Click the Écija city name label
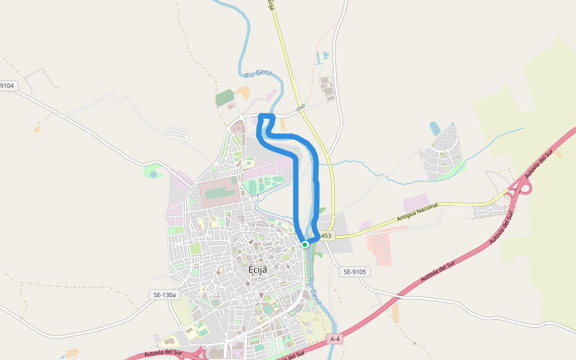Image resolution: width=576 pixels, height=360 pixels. (257, 269)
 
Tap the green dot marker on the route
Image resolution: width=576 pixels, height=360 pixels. (305, 244)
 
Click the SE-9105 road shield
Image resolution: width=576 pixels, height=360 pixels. (355, 272)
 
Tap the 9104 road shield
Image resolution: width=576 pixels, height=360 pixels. (7, 86)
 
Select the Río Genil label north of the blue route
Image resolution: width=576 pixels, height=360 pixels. (258, 74)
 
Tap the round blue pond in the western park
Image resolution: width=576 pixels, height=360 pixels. (154, 174)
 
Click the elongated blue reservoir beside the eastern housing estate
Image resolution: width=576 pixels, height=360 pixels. (435, 128)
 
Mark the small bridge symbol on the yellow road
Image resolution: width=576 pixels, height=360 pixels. (300, 107)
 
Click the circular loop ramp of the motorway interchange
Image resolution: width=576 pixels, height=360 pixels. (524, 188)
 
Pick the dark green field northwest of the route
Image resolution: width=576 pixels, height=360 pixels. (224, 97)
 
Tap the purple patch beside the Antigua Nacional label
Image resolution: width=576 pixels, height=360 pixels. (416, 202)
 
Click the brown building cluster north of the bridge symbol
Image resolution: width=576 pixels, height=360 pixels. (327, 88)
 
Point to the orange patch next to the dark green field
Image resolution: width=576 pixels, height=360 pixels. (243, 92)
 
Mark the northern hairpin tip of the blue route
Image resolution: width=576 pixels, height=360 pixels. (266, 115)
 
